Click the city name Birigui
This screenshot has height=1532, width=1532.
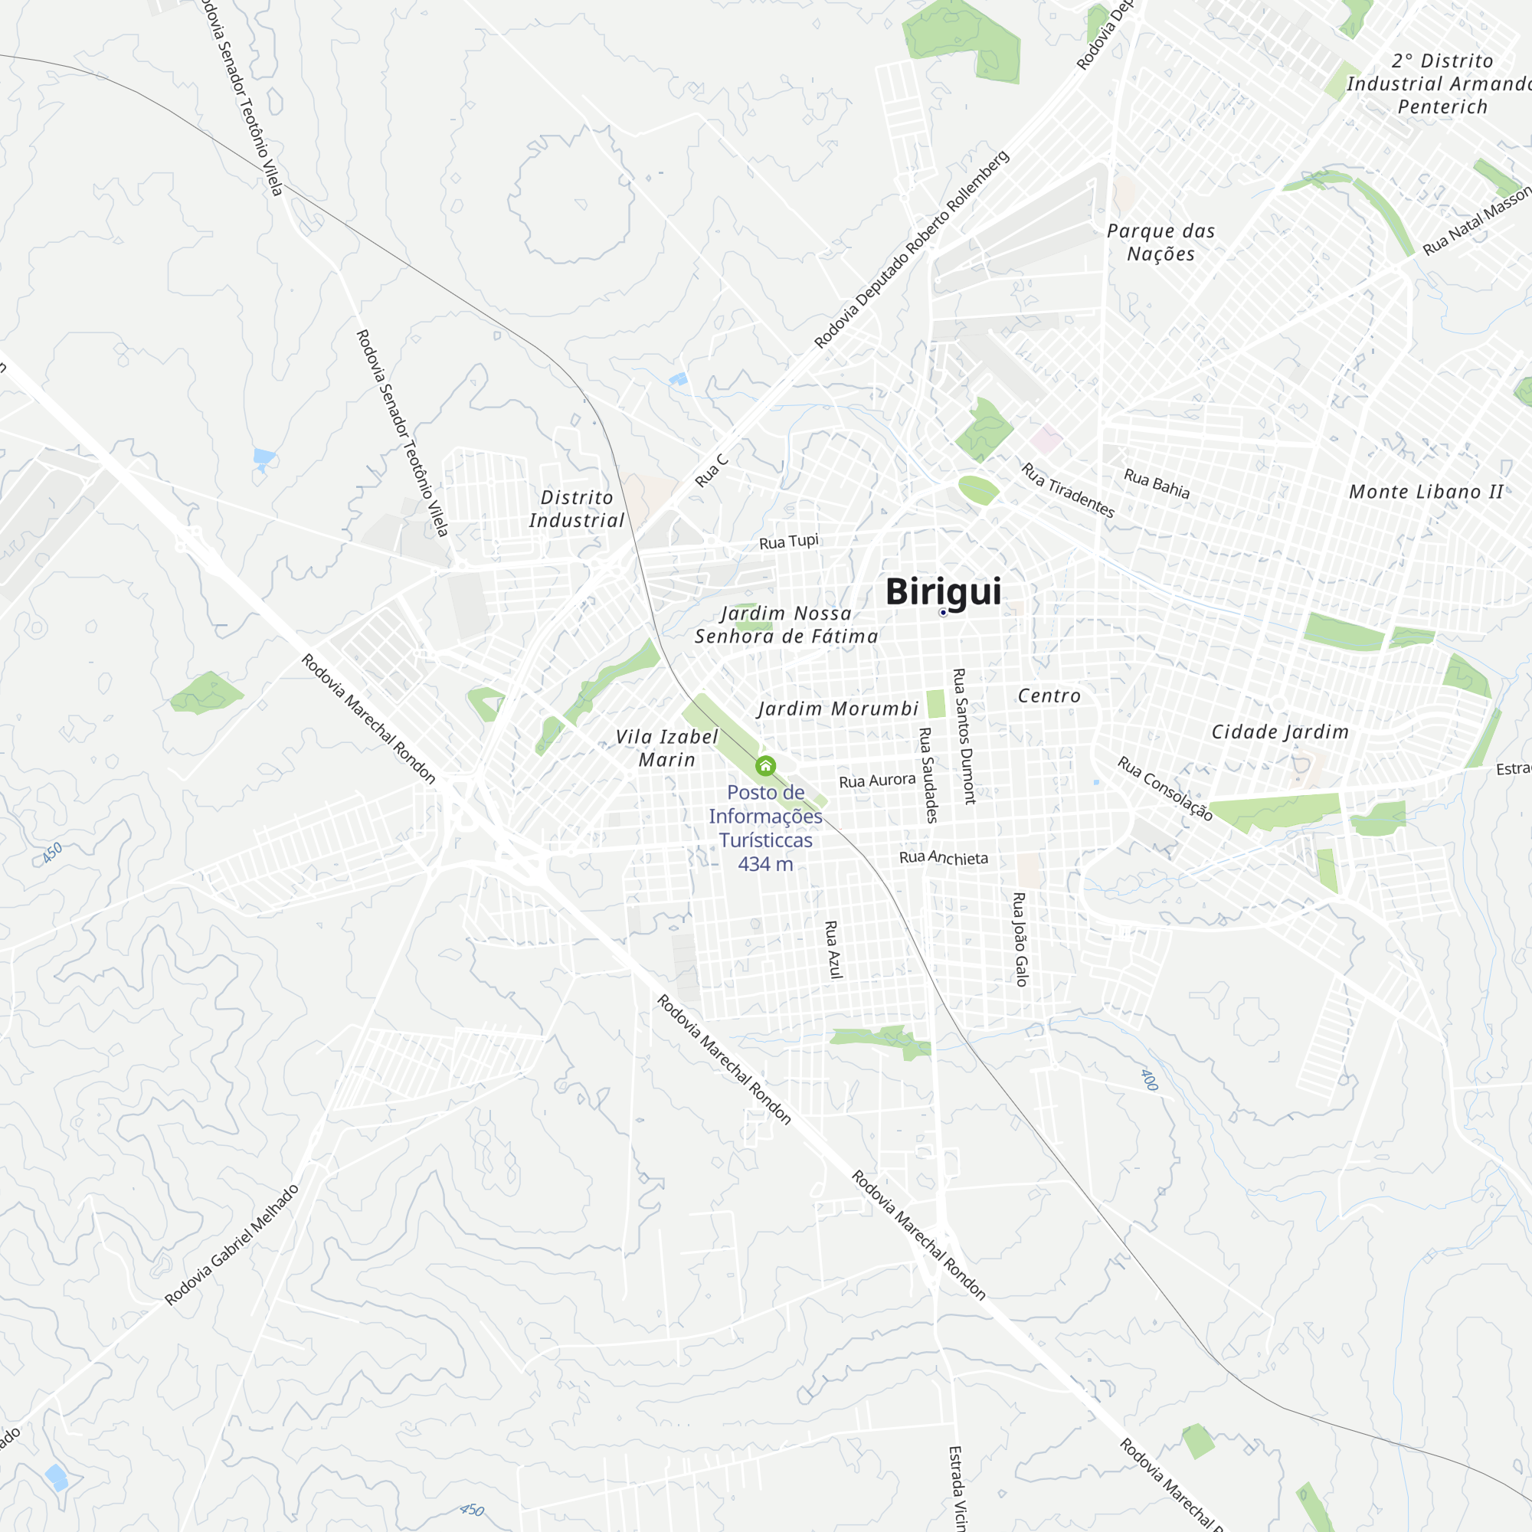[x=943, y=591]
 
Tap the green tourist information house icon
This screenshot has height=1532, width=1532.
[x=765, y=766]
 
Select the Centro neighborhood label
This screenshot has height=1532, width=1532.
[x=1049, y=696]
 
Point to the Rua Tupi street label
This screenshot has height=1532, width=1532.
[x=788, y=542]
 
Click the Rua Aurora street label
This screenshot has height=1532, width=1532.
[x=877, y=781]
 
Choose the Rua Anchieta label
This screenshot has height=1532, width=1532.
[x=944, y=858]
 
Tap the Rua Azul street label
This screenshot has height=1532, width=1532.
[x=833, y=949]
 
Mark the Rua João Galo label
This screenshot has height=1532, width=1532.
[x=1020, y=939]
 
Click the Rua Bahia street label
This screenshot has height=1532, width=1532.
[x=1156, y=483]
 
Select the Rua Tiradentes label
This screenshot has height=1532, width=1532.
[x=1067, y=491]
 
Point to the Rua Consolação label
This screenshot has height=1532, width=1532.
[x=1165, y=788]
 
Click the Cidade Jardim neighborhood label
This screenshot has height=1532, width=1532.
[x=1280, y=732]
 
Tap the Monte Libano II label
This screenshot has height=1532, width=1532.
[x=1426, y=492]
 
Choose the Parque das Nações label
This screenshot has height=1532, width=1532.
[x=1161, y=243]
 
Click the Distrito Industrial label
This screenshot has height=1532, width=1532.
[x=577, y=509]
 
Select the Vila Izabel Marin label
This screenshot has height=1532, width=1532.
[x=667, y=748]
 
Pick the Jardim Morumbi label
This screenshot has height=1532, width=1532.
[x=838, y=709]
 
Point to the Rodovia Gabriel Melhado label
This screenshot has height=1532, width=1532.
[x=231, y=1245]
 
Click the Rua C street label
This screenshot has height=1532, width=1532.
[x=712, y=470]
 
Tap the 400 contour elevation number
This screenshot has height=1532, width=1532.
[x=1149, y=1080]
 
